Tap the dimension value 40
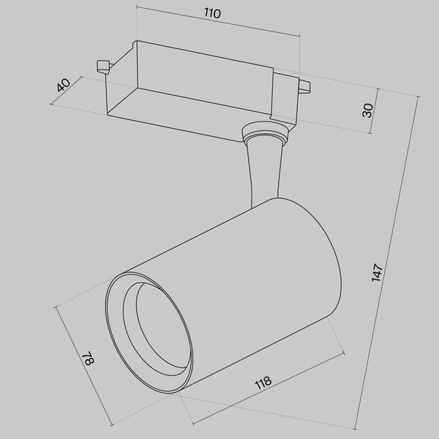(64, 85)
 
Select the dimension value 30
(368, 110)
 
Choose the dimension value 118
(263, 383)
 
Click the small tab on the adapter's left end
(103, 67)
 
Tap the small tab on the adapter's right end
(304, 89)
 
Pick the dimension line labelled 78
(82, 366)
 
